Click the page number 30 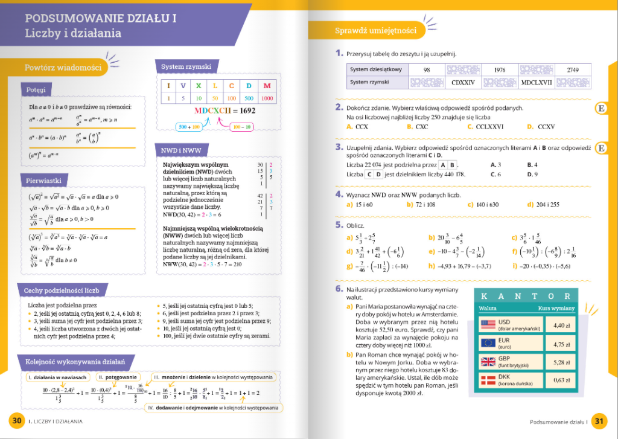(x=16, y=421)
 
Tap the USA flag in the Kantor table (x=488, y=325)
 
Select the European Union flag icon (x=488, y=344)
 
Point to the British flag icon (x=488, y=362)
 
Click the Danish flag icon (x=488, y=380)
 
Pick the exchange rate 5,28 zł (x=558, y=362)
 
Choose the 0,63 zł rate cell (x=558, y=380)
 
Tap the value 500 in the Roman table (x=247, y=98)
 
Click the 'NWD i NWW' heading (x=181, y=150)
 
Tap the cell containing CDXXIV (x=463, y=82)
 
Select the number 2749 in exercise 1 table (x=572, y=69)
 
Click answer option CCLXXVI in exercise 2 (x=489, y=127)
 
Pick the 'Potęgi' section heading (x=36, y=90)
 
